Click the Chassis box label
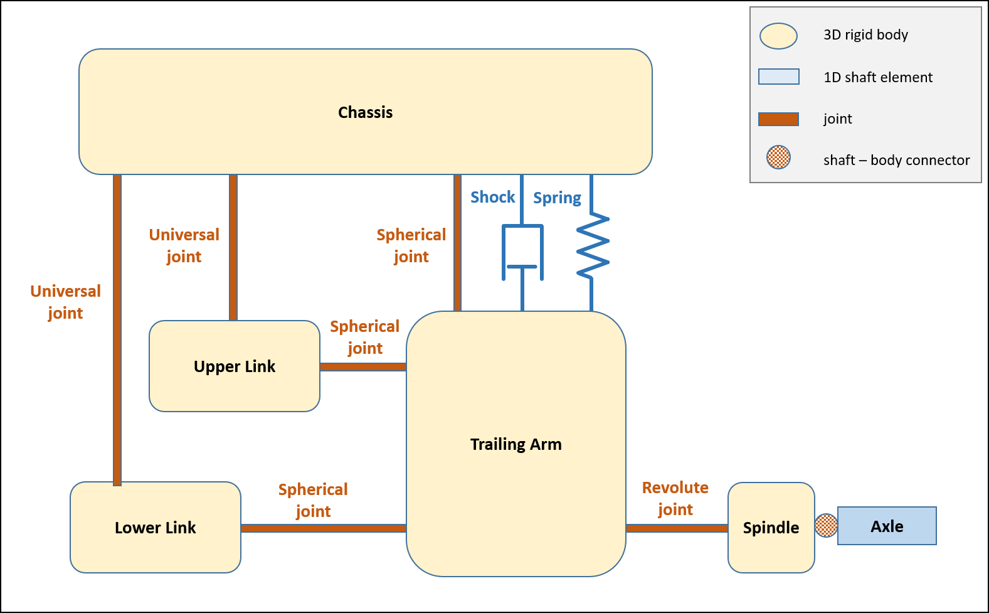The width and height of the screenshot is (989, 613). [365, 112]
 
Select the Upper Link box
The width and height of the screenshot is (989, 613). [235, 366]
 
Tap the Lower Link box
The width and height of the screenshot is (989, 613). [156, 528]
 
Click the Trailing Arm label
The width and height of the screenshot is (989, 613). [516, 444]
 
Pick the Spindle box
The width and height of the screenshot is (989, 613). [771, 528]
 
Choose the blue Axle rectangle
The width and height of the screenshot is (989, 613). [887, 526]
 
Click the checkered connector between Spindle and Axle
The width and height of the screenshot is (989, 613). [826, 526]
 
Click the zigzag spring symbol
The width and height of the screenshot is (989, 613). [592, 245]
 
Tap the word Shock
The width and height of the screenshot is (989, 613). [492, 197]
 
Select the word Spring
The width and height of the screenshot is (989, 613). [557, 198]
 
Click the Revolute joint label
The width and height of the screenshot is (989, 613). [675, 498]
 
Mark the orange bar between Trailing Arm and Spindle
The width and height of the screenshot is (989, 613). [677, 528]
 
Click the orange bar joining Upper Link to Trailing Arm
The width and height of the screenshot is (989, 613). [363, 367]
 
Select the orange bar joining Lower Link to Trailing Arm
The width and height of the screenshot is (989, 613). [324, 528]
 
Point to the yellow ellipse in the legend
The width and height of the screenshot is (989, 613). [778, 36]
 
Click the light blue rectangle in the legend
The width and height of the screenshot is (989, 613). [778, 77]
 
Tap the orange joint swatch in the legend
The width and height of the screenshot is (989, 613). [778, 119]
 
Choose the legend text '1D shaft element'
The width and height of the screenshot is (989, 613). [877, 77]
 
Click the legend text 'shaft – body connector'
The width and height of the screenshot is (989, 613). [896, 160]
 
